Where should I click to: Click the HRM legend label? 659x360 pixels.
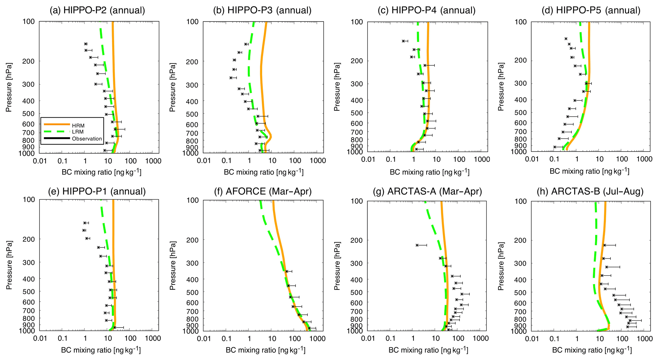point(78,126)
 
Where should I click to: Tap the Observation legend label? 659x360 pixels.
point(87,139)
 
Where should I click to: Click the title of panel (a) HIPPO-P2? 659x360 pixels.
point(97,10)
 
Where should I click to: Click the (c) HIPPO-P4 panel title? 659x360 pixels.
point(427,10)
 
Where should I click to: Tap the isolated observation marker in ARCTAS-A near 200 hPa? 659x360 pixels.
point(417,245)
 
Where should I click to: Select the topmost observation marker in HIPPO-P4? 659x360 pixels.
point(403,41)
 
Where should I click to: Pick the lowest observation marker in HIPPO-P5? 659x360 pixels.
point(555,147)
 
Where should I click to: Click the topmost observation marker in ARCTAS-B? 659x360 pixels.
point(604,245)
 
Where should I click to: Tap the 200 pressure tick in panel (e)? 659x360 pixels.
point(28,239)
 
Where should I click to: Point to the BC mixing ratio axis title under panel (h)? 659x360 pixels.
point(592,350)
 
